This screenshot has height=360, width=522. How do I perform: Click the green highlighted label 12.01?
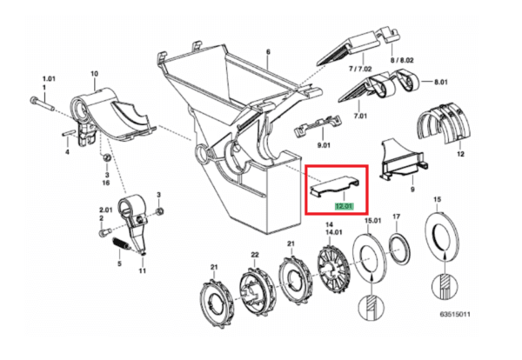point(344,206)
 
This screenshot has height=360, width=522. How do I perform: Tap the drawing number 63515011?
point(455,314)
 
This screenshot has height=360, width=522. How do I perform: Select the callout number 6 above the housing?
point(268,52)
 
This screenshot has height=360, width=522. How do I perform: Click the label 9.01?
point(324,145)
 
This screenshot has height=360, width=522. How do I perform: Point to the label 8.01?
point(441,82)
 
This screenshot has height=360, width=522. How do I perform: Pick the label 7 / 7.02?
point(360,69)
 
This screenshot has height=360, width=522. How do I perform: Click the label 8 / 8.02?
point(402,60)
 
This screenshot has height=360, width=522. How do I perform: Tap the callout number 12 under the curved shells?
point(460,154)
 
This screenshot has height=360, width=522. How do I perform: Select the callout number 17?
point(396,217)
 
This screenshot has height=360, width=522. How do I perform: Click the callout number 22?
point(255,255)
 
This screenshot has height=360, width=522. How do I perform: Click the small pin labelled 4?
point(67,134)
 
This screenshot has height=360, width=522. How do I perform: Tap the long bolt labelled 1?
point(43,103)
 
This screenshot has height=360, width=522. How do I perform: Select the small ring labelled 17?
point(399,248)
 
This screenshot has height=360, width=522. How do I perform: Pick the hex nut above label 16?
point(106,157)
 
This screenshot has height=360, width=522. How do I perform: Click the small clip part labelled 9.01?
point(318,125)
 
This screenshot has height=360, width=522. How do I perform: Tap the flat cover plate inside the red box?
point(335,187)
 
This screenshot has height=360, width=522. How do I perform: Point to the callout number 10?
point(95,74)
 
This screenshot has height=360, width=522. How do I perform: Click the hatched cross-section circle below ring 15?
point(445,287)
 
